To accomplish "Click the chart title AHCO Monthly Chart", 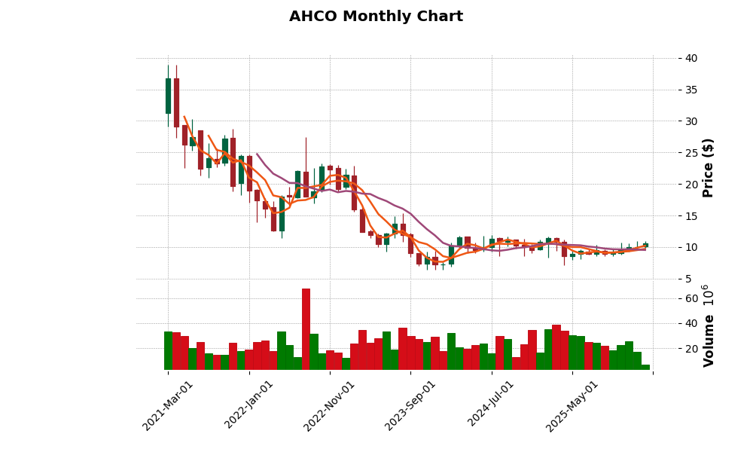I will (376, 17).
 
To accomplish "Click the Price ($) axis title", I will (708, 167).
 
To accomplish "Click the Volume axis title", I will (708, 341).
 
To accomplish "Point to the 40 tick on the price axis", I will (691, 58).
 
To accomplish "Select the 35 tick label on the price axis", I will (691, 90).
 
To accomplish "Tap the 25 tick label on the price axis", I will (691, 153).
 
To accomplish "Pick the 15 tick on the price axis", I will (691, 216).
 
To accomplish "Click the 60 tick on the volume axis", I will (691, 298).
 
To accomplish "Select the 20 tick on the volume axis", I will (691, 349).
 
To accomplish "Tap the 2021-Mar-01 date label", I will (168, 405).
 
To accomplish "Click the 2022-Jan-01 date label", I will (249, 405).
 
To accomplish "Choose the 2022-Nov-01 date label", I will (329, 405).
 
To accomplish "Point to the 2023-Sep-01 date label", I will (410, 405).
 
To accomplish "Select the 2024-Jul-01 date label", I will (491, 405).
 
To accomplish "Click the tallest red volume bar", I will (306, 328).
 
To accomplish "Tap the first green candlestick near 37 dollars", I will (168, 96).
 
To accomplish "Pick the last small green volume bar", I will (645, 367).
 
